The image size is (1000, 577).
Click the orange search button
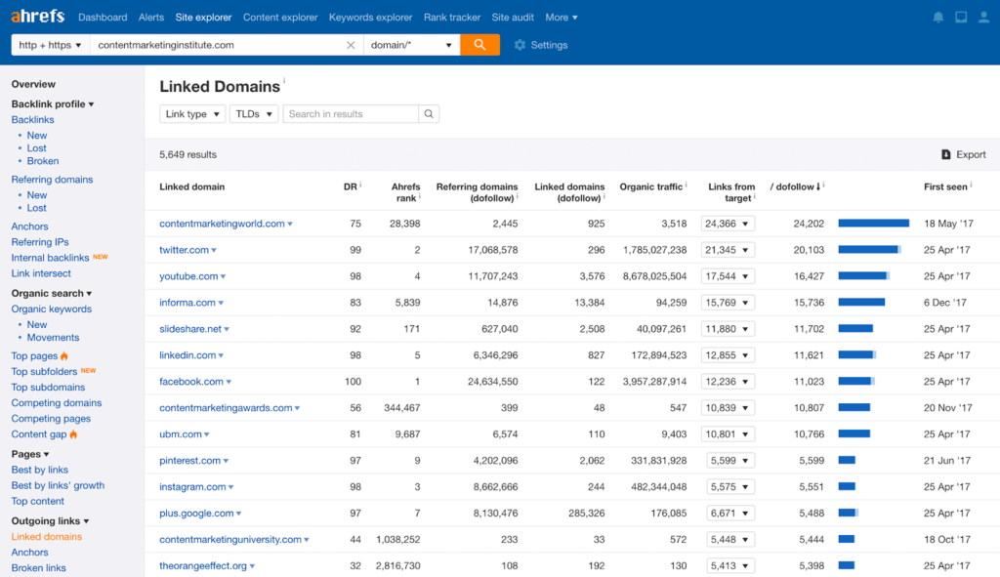[479, 45]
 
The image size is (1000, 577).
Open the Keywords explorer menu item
[370, 18]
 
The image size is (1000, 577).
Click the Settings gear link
[540, 45]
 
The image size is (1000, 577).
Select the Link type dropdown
[191, 114]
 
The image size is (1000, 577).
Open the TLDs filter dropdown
[254, 114]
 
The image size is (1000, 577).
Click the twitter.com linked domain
[184, 250]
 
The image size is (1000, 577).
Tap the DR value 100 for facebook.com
[353, 382]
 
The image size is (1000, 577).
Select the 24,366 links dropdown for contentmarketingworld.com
[728, 224]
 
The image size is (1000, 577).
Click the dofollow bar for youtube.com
[863, 276]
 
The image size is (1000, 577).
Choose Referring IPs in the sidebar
[40, 242]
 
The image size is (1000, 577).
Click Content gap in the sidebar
[39, 433]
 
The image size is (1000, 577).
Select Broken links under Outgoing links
[39, 568]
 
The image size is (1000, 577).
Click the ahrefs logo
[37, 17]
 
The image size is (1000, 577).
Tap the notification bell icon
[938, 18]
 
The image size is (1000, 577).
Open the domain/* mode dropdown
[411, 45]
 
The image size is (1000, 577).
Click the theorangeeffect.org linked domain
[202, 565]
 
